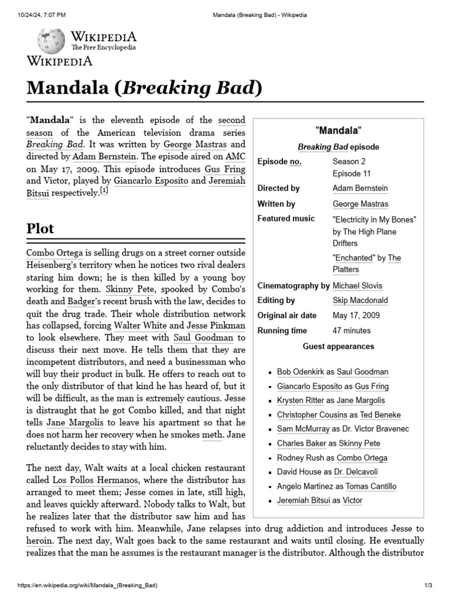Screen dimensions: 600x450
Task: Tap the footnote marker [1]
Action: point(104,191)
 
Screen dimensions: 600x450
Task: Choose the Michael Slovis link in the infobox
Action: point(357,286)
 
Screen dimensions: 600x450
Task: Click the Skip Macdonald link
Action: point(360,301)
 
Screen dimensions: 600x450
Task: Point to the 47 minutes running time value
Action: point(352,330)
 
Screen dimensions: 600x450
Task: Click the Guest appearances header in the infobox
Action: point(338,346)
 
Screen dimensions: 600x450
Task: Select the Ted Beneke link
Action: point(380,415)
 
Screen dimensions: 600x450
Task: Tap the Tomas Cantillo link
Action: point(370,486)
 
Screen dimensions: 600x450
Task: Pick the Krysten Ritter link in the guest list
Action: point(301,400)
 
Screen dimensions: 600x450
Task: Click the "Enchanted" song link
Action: point(353,258)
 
